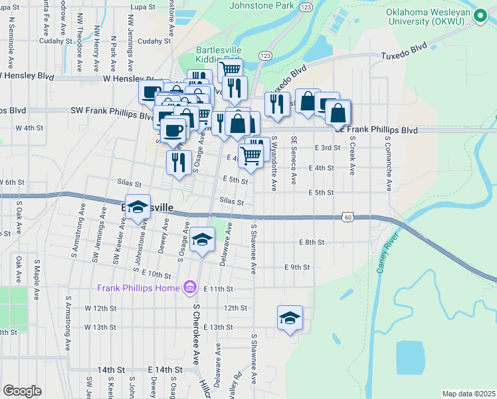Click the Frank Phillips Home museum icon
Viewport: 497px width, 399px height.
(x=190, y=288)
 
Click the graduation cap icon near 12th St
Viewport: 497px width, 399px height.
(x=290, y=318)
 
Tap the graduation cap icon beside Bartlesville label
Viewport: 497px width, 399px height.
(x=138, y=207)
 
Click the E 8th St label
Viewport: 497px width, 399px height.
(x=311, y=243)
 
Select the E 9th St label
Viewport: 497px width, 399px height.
(x=297, y=267)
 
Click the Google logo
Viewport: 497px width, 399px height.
(x=22, y=391)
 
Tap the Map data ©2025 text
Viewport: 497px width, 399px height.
(x=468, y=394)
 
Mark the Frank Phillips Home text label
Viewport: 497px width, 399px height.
(x=138, y=288)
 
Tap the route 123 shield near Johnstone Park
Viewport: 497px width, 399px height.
(x=305, y=6)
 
